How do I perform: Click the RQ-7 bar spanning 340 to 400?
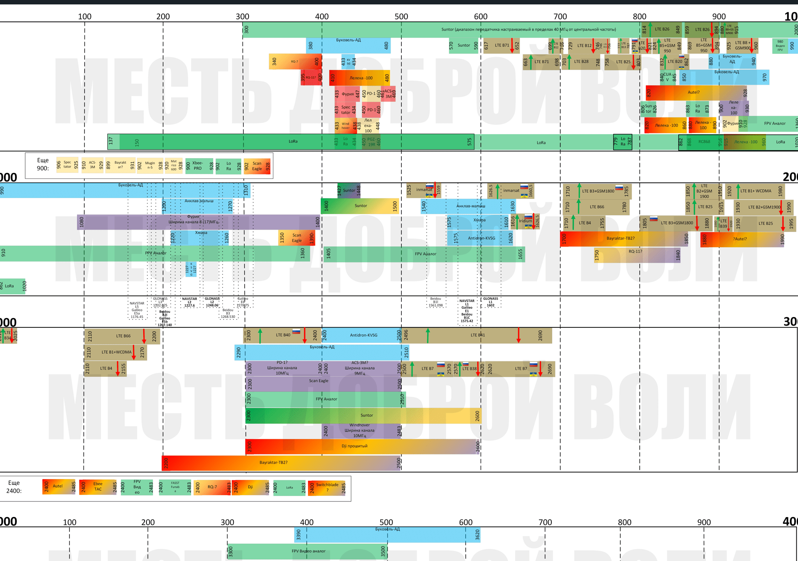295,61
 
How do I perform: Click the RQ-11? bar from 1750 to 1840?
637,255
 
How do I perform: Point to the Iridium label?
525,221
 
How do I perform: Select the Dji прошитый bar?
361,446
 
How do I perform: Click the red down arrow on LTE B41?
518,335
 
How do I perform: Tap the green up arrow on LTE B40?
260,335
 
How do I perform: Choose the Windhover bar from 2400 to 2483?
361,431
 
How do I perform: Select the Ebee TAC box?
98,487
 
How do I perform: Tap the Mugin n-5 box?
150,165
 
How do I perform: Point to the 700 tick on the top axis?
560,17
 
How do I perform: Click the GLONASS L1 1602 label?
490,302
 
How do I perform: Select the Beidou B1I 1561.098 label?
435,302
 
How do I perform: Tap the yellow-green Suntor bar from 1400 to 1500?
360,206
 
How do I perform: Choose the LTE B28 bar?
581,62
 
